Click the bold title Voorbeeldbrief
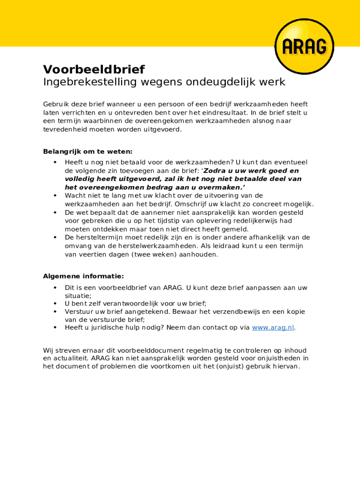coord(94,70)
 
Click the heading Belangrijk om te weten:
coord(88,152)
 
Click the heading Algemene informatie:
coord(83,276)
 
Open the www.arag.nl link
coord(273,327)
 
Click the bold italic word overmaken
coord(222,187)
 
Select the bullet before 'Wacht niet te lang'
coord(55,196)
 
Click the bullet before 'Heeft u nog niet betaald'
coord(55,162)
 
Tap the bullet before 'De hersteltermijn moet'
coord(55,238)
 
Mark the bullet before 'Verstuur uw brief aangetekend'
coord(55,312)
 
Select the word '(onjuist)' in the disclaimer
coord(232,367)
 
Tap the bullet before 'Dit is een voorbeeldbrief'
coord(55,288)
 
